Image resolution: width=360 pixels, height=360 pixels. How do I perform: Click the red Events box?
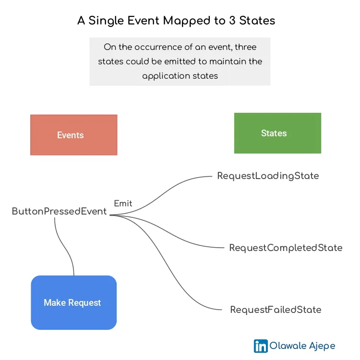(74, 135)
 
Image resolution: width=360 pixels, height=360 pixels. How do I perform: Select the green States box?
(277, 133)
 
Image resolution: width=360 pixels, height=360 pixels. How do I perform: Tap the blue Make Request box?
(74, 302)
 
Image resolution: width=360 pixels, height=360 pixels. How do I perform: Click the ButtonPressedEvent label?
(59, 212)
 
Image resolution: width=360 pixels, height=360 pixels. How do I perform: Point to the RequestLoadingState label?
(268, 176)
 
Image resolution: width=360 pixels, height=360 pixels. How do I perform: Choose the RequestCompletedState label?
(286, 248)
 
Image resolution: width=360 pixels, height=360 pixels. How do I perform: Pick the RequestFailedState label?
(276, 310)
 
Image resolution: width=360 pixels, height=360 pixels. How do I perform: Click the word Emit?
(123, 204)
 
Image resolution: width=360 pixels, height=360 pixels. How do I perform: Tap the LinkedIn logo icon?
(261, 346)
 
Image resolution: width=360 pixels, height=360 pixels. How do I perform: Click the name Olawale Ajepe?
(302, 346)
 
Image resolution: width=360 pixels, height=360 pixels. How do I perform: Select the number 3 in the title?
(232, 21)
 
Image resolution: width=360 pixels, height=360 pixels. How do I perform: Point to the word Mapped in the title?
(187, 21)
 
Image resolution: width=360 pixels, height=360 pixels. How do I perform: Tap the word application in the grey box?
(165, 76)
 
